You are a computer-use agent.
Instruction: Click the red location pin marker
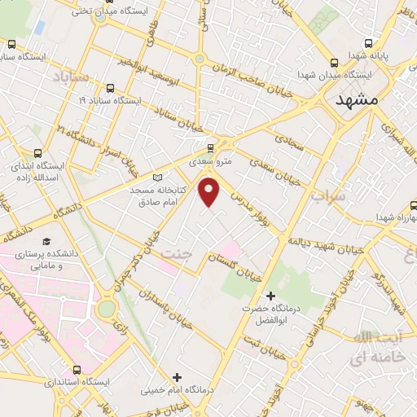[210, 191]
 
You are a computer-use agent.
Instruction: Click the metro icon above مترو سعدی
[211, 148]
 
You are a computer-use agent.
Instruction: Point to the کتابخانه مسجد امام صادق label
[160, 195]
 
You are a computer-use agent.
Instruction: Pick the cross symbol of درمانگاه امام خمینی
[177, 376]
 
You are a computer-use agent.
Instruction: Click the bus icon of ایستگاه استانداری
[78, 367]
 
